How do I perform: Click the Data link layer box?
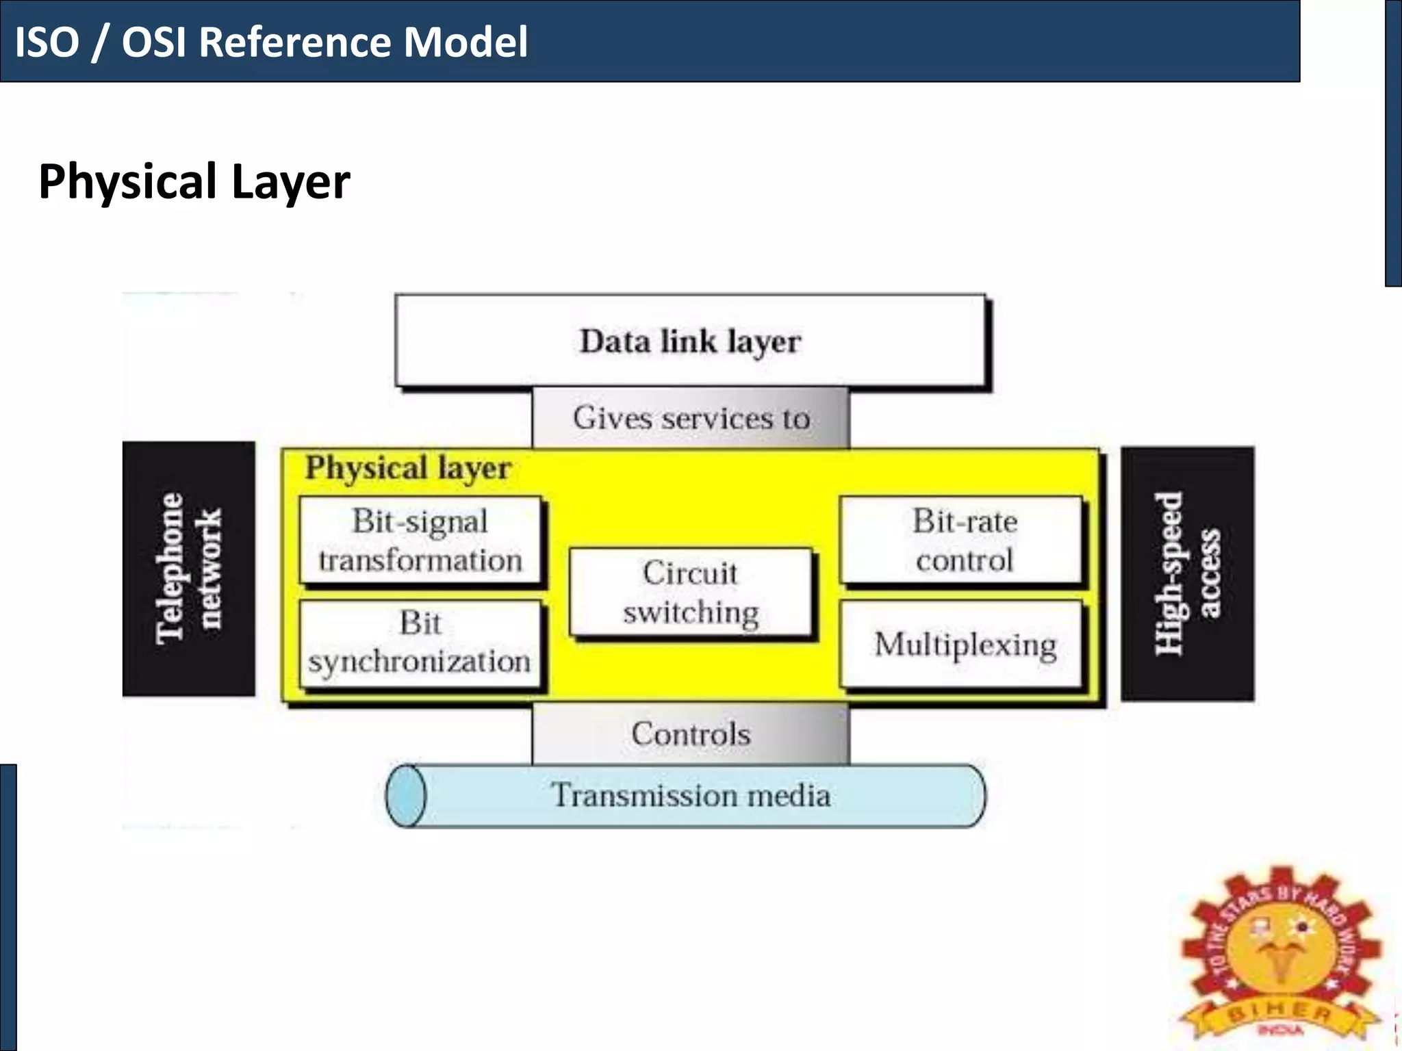pos(690,341)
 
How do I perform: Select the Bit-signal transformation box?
pos(420,541)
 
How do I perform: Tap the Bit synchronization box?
pos(420,643)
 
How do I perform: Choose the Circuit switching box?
pos(690,593)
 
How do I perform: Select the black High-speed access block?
pos(1188,573)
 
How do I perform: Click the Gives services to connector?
pos(690,418)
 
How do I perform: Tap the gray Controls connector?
pos(690,734)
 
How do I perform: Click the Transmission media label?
pos(690,796)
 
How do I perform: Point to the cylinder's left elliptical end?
pos(405,796)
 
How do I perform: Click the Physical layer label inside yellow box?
pos(408,469)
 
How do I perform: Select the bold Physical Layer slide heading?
pos(194,182)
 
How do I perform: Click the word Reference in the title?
pos(296,42)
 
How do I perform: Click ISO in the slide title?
pos(47,42)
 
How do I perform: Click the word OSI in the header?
pos(153,42)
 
